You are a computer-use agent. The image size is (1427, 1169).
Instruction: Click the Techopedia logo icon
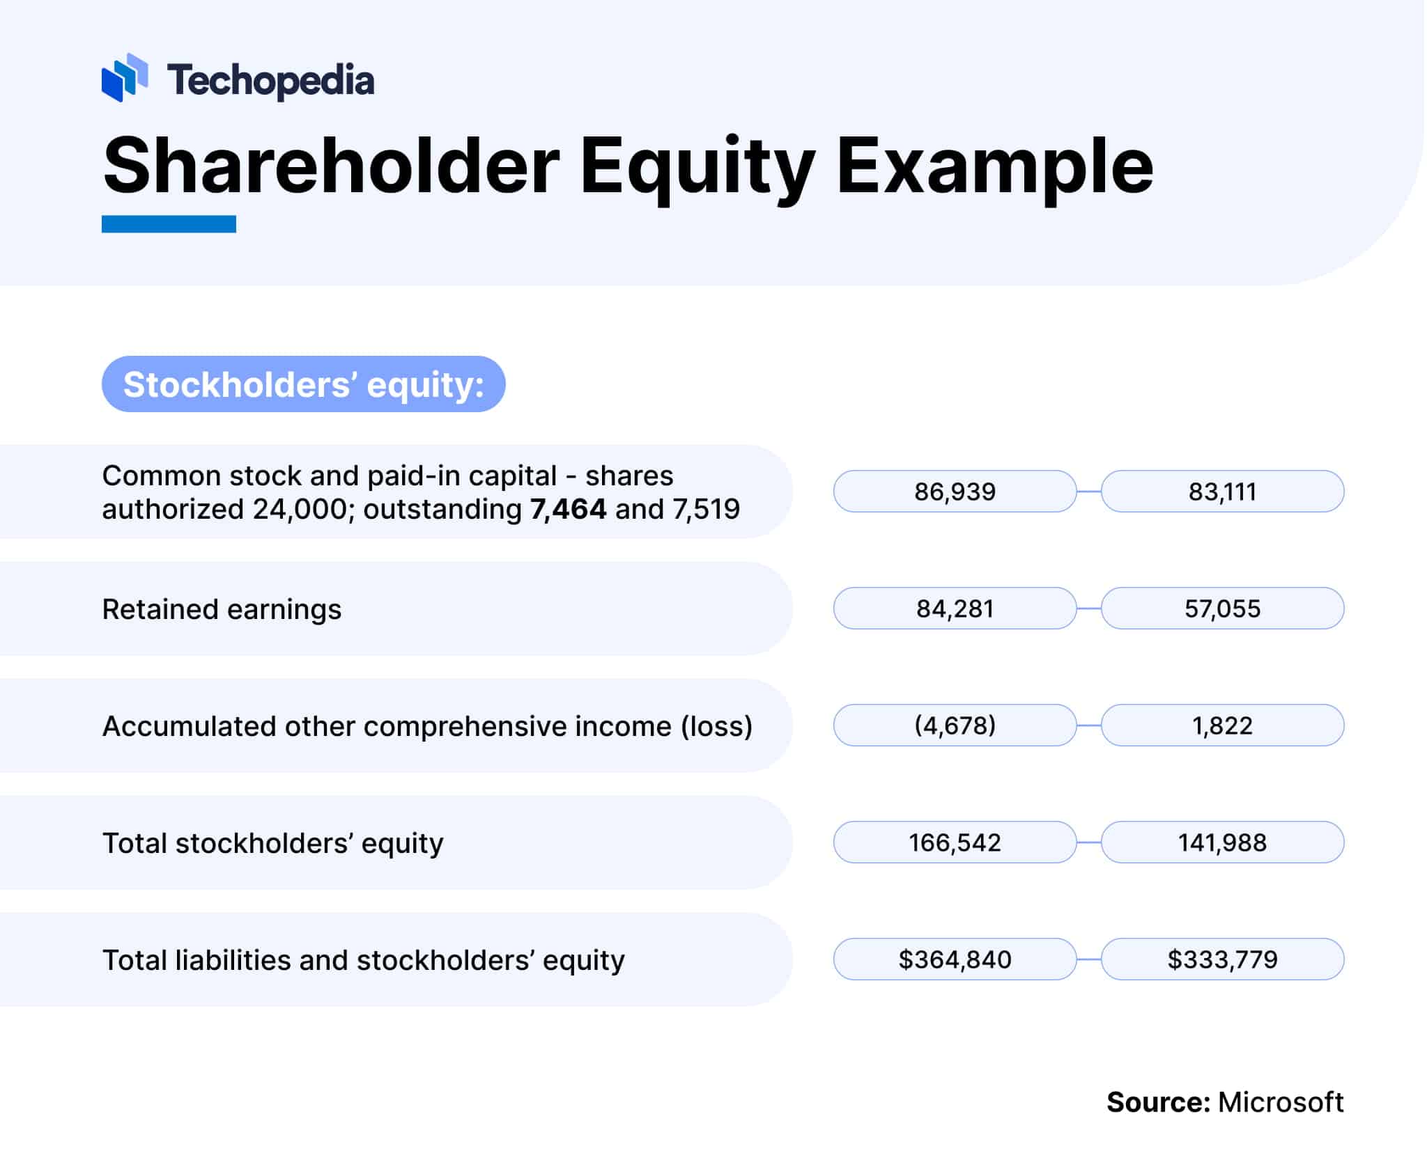[x=125, y=78]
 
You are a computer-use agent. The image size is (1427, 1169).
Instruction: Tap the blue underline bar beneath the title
[x=169, y=224]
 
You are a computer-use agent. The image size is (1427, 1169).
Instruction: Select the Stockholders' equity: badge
[x=303, y=384]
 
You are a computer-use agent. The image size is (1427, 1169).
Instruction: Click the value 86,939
[x=955, y=492]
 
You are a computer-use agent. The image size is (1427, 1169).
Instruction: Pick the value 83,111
[x=1222, y=492]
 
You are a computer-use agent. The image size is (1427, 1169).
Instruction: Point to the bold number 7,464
[x=568, y=509]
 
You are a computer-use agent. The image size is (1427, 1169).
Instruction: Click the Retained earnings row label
[x=222, y=609]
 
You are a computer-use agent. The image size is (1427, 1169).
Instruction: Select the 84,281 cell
[x=955, y=609]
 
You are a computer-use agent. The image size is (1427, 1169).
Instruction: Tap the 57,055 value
[x=1222, y=609]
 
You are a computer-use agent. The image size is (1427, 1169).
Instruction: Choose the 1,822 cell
[x=1222, y=725]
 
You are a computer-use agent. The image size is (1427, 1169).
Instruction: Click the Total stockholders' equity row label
[x=272, y=843]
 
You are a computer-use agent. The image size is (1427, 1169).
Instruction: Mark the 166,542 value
[x=955, y=842]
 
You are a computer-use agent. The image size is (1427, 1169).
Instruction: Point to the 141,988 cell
[x=1222, y=842]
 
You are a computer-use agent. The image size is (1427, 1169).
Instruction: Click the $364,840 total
[x=955, y=959]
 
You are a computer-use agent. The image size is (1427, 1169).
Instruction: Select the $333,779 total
[x=1222, y=959]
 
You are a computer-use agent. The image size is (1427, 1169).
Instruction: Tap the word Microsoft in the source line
[x=1280, y=1102]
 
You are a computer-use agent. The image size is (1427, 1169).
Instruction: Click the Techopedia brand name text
[x=270, y=80]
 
